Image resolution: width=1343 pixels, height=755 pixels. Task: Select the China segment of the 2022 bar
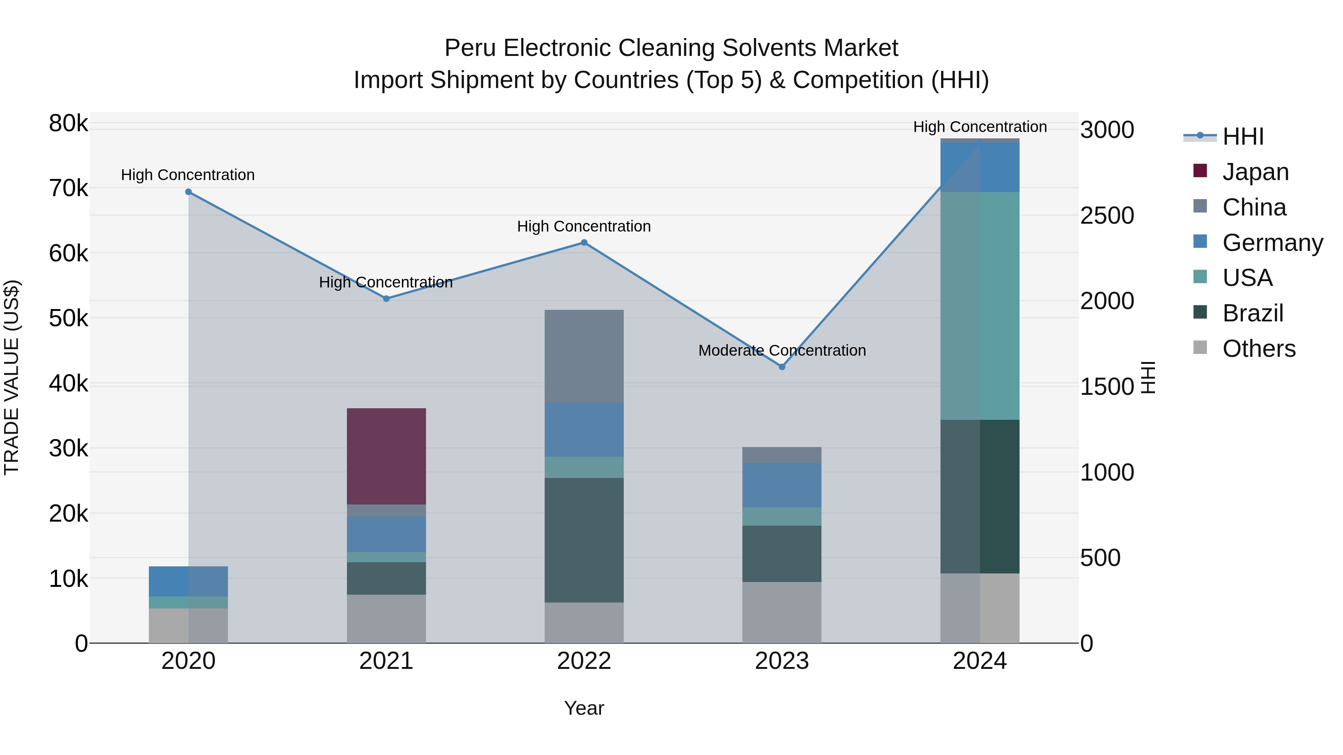584,356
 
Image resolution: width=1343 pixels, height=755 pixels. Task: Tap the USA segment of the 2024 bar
980,305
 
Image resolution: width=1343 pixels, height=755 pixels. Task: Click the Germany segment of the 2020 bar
188,581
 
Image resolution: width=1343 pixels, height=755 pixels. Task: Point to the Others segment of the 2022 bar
584,622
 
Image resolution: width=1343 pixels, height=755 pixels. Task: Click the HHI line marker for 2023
782,367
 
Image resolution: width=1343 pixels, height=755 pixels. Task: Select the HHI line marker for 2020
189,192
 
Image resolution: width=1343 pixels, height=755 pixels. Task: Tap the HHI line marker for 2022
584,242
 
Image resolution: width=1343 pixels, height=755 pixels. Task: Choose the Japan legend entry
1255,172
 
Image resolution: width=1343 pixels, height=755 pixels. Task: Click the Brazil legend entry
1252,313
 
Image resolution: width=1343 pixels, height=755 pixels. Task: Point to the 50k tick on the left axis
69,318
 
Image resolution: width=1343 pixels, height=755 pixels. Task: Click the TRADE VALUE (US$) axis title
12,377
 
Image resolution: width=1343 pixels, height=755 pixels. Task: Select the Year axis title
584,708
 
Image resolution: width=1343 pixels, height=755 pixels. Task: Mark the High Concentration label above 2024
980,127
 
